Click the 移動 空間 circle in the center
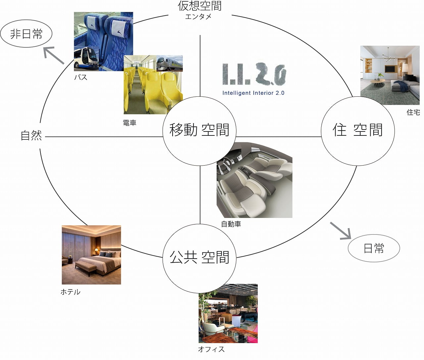tap(199, 131)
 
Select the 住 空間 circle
tap(358, 131)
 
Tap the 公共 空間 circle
tap(199, 258)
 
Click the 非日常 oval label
tap(26, 34)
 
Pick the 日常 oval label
tap(374, 248)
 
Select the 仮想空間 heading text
tap(199, 6)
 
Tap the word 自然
tap(31, 135)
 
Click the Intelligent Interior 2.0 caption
tap(253, 93)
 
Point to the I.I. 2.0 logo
tap(254, 74)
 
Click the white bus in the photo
tap(86, 60)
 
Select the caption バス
tap(80, 77)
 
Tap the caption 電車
tap(130, 123)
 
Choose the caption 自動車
tap(231, 224)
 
